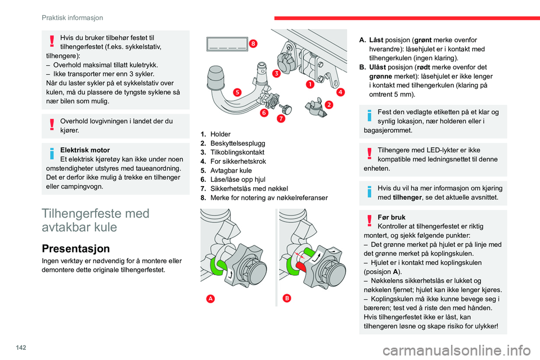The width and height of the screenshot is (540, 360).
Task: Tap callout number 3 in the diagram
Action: click(276, 74)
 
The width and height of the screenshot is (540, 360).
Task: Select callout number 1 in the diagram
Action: click(309, 84)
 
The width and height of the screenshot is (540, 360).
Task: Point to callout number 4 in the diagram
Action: click(341, 92)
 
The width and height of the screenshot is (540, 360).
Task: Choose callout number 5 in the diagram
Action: click(237, 92)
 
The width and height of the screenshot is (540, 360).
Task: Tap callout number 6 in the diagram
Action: click(263, 113)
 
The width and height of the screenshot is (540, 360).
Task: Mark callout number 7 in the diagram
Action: click(280, 119)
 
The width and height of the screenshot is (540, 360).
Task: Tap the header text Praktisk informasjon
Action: click(69, 17)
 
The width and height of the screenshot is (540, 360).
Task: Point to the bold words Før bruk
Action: click(393, 217)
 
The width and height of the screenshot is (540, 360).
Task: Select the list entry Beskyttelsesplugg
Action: click(238, 143)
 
